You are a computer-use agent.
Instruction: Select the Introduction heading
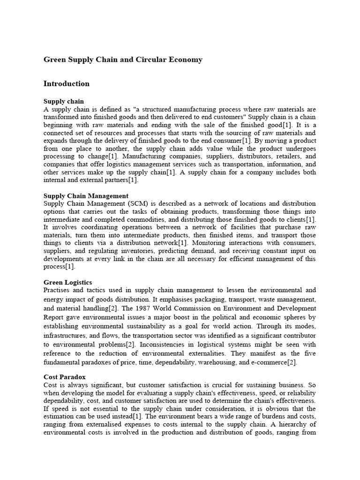click(66, 84)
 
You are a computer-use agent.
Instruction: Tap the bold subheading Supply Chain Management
click(86, 195)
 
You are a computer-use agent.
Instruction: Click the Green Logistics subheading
click(67, 282)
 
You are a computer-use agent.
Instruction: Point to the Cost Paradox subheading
click(65, 376)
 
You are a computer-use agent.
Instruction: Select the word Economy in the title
click(187, 60)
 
